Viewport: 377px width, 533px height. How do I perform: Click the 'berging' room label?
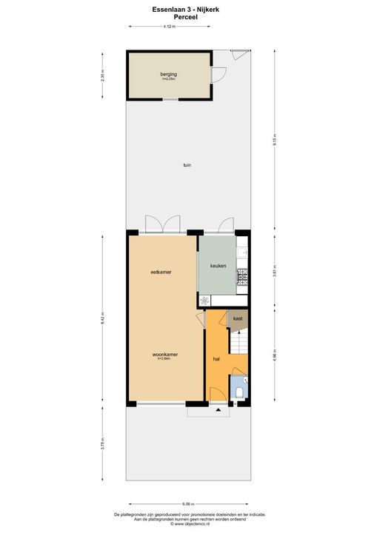[168, 74]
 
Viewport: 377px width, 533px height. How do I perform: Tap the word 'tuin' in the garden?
[187, 164]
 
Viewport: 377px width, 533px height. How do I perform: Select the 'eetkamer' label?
[161, 272]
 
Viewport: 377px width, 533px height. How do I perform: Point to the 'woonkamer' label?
[164, 354]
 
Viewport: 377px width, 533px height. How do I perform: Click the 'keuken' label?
[217, 265]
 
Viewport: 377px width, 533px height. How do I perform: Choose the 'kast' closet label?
[237, 318]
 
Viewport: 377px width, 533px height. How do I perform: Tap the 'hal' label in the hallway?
[216, 358]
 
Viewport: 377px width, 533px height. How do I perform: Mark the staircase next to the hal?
[239, 342]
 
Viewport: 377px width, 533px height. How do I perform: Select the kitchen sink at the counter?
[242, 252]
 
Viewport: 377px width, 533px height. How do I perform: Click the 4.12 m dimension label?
[169, 27]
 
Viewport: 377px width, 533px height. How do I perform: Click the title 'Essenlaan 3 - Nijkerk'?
[188, 9]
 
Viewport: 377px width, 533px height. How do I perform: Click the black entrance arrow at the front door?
[217, 408]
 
